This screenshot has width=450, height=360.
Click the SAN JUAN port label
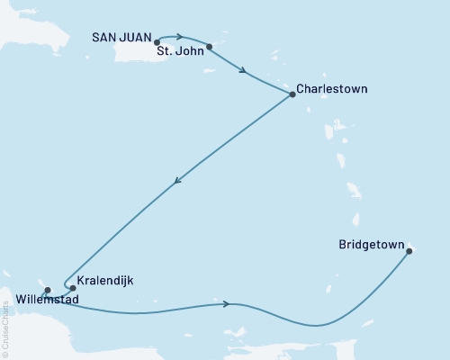122,38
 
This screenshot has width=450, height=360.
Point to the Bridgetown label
370,243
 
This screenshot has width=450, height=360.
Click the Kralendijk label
105,280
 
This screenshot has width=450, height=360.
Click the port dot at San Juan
157,41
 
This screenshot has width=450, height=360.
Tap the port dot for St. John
209,47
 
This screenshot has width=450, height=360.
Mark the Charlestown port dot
292,95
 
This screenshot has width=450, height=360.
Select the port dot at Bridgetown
409,251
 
